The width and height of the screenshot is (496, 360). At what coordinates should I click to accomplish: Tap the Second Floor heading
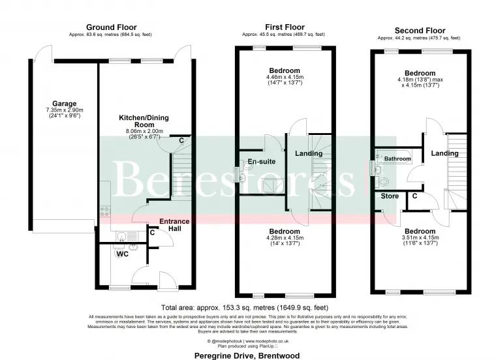[x=420, y=30]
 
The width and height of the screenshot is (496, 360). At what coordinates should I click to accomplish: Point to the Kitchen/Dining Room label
[x=136, y=121]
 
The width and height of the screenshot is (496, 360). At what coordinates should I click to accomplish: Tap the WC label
[x=122, y=254]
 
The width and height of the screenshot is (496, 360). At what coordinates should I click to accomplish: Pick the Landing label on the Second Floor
[x=444, y=153]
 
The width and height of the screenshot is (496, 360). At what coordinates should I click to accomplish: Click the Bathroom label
[x=397, y=158]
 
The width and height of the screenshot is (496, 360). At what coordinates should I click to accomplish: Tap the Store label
[x=390, y=196]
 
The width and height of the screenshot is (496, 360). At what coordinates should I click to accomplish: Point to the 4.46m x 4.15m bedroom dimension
[x=284, y=77]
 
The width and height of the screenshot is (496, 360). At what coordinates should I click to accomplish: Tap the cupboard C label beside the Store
[x=414, y=196]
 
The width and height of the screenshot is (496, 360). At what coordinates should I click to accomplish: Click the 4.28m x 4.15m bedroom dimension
[x=284, y=238]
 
